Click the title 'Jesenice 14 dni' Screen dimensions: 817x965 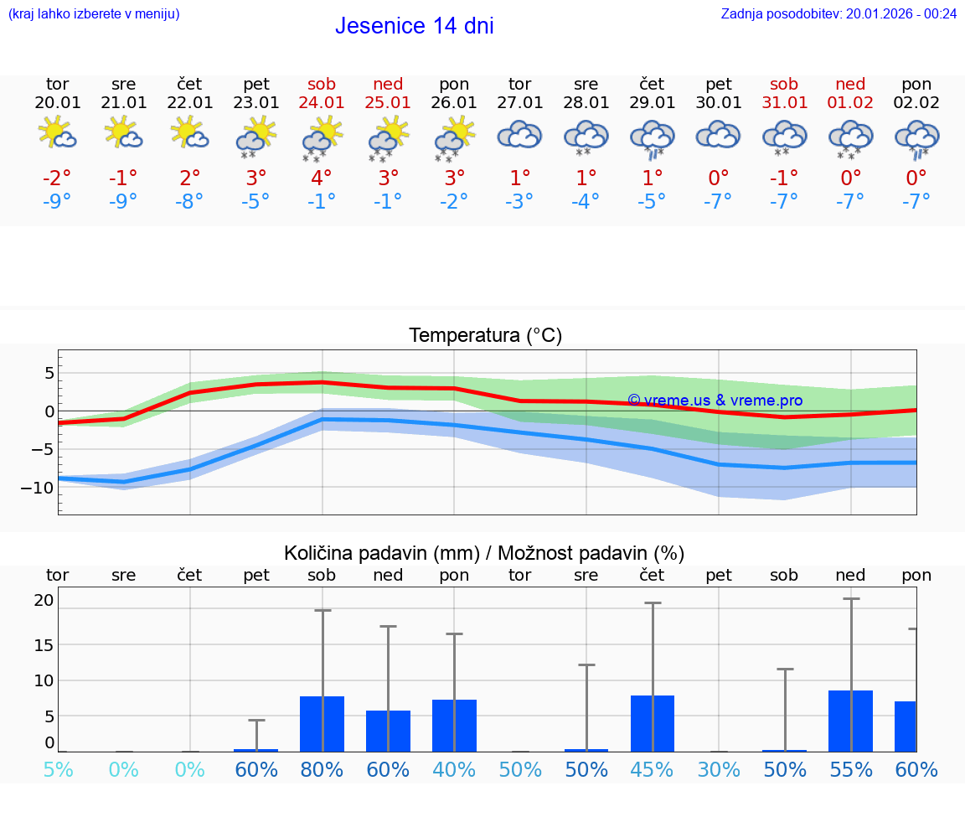pyautogui.click(x=414, y=26)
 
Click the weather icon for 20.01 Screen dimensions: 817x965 pyautogui.click(x=57, y=133)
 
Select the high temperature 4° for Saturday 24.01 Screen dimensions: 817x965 pyautogui.click(x=322, y=178)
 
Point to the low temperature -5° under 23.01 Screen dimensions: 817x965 pyautogui.click(x=256, y=202)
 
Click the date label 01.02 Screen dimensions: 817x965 pyautogui.click(x=850, y=103)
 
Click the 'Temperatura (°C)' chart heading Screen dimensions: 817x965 pyautogui.click(x=485, y=336)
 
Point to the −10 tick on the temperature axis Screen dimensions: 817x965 pyautogui.click(x=39, y=488)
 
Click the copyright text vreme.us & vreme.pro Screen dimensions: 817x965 pyautogui.click(x=715, y=401)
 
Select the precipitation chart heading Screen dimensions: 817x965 pyautogui.click(x=484, y=553)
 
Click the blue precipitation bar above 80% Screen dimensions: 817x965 pyautogui.click(x=322, y=723)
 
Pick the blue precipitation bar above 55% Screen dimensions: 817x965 pyautogui.click(x=850, y=721)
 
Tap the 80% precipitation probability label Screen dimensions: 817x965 pyautogui.click(x=322, y=769)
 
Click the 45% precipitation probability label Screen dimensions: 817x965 pyautogui.click(x=652, y=769)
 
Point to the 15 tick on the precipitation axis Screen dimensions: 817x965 pyautogui.click(x=44, y=644)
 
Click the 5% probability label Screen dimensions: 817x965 pyautogui.click(x=57, y=769)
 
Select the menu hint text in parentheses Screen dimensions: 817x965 pyautogui.click(x=94, y=13)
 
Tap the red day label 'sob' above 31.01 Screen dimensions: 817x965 pyautogui.click(x=784, y=84)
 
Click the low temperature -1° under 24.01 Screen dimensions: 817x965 pyautogui.click(x=322, y=202)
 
